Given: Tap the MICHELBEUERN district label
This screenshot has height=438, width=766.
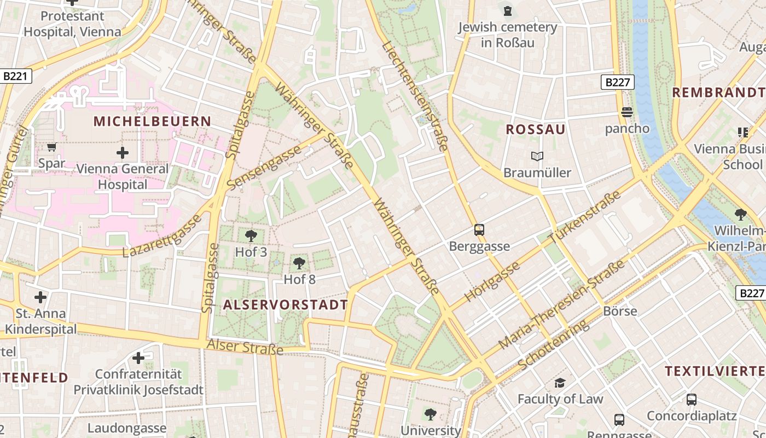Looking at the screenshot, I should (x=152, y=121).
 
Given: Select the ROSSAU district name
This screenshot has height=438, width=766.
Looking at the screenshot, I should (x=536, y=130).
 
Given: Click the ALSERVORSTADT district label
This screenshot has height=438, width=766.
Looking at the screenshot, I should (x=285, y=305).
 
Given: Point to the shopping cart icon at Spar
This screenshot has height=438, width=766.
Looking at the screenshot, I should (x=51, y=147).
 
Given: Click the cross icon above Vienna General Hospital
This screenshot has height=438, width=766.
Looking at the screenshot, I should (x=123, y=152).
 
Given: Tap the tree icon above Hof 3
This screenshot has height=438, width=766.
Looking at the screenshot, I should (x=251, y=236).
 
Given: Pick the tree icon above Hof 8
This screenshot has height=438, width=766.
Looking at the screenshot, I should (x=299, y=263).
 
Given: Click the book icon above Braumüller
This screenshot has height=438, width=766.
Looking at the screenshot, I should (x=537, y=157).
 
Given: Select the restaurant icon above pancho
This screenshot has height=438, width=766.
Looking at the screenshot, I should (x=627, y=112).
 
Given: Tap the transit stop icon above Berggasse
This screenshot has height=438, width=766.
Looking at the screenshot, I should (x=479, y=230).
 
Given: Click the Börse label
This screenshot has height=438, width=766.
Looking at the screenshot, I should (x=620, y=311).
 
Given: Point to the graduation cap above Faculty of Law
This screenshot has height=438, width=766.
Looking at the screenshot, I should (x=560, y=383).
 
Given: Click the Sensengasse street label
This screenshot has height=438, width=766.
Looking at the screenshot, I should (x=264, y=168).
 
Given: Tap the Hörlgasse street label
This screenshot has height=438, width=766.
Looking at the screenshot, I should (x=492, y=281).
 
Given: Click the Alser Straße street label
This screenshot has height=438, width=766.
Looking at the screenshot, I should (x=245, y=347).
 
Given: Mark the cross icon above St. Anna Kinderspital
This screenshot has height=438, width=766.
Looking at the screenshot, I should (x=40, y=297).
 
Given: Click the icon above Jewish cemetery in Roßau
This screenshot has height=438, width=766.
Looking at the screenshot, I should (x=508, y=10).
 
